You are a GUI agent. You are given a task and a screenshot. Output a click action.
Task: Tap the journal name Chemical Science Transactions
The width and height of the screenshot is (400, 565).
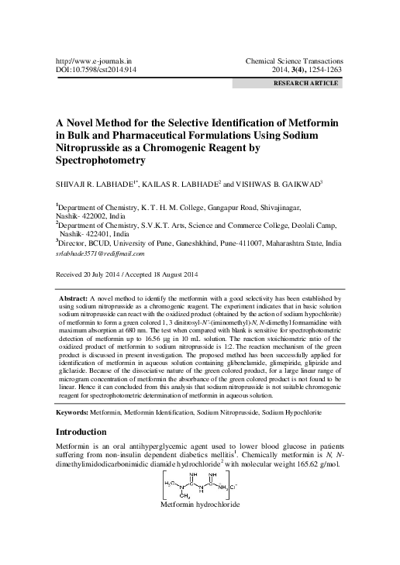[x=298, y=59]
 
